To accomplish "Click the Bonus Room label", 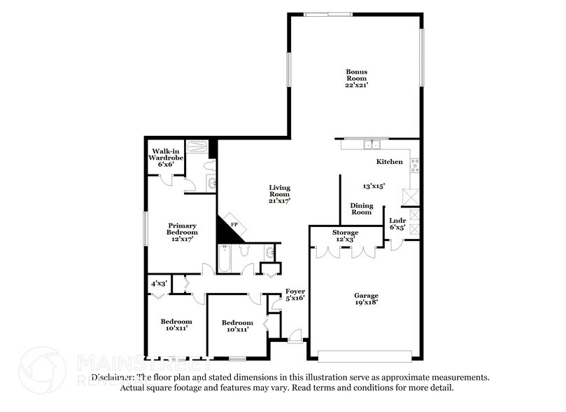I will [x=356, y=75].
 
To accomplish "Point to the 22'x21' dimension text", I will [x=356, y=85].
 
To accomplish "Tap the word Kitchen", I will [x=390, y=162].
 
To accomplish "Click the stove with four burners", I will [x=414, y=166].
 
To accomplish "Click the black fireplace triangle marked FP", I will [x=230, y=228].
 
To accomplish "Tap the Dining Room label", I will [x=361, y=209].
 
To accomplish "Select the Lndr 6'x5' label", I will [x=397, y=224].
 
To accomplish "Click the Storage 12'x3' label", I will [x=345, y=235].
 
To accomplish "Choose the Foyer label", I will [x=294, y=292].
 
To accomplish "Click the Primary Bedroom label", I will [x=182, y=228].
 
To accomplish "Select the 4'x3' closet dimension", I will [x=159, y=284].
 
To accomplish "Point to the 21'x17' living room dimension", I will [x=280, y=200].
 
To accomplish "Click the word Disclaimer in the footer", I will [x=111, y=377].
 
